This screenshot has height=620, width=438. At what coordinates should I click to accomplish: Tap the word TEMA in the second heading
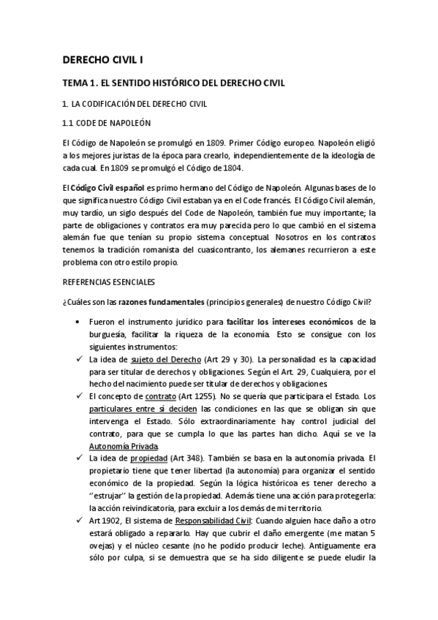(x=74, y=83)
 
